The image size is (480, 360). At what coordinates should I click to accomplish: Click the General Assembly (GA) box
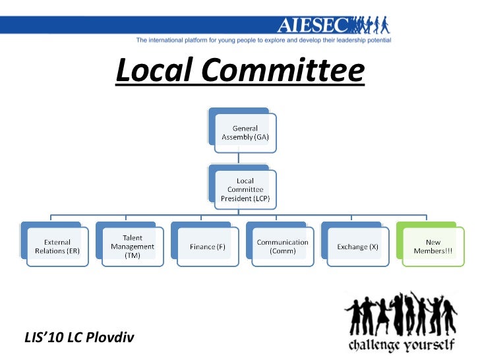[x=245, y=133]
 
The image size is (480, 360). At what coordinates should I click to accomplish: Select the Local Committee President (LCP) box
[x=245, y=189]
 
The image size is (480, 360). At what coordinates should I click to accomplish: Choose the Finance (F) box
[x=207, y=247]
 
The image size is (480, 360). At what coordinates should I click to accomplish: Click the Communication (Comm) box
[x=282, y=247]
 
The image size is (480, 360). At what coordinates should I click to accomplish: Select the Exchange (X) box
[x=357, y=247]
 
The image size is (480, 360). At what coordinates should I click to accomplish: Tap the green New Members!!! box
[x=433, y=247]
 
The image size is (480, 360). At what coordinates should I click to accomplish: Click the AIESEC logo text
[x=314, y=26]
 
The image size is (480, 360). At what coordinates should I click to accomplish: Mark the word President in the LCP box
[x=239, y=198]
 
